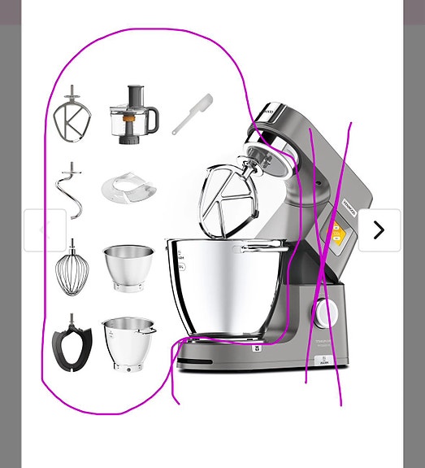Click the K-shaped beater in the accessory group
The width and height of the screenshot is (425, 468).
[x=72, y=116]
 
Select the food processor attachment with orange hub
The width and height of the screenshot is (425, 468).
[x=132, y=115]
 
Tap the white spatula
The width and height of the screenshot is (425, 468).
[x=192, y=114]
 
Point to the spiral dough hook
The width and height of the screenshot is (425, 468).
[x=71, y=190]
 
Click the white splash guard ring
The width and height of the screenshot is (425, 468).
[x=128, y=189]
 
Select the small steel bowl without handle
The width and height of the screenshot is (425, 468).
[x=128, y=267]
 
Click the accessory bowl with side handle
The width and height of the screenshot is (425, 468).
[x=128, y=342]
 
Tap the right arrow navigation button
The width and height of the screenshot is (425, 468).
[x=379, y=230]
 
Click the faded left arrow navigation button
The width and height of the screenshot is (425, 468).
[x=45, y=230]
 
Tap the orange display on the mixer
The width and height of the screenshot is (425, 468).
[x=336, y=236]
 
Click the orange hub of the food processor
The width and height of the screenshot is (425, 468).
[x=128, y=125]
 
